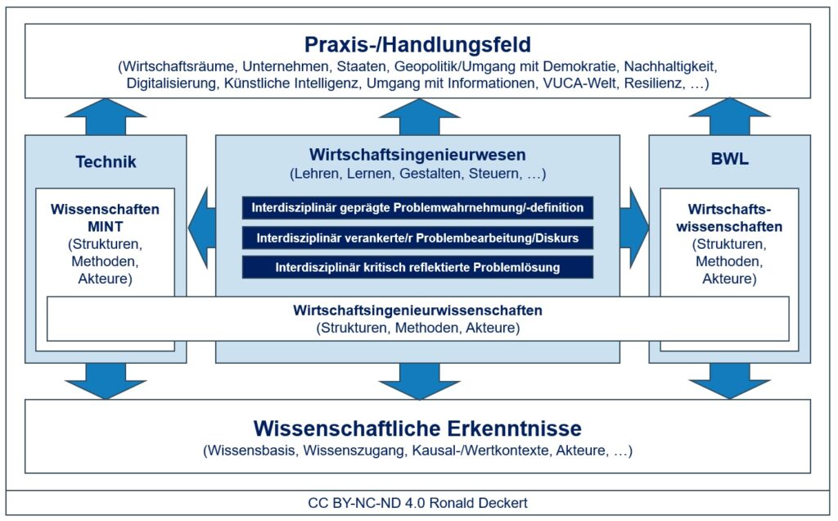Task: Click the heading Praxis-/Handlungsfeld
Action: click(x=417, y=44)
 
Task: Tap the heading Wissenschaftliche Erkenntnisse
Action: click(x=417, y=428)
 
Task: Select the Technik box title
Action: click(x=106, y=162)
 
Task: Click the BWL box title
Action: click(x=729, y=161)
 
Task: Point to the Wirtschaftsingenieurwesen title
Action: click(x=417, y=155)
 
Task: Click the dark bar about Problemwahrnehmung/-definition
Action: click(x=417, y=208)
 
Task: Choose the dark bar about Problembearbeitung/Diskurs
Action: click(x=417, y=238)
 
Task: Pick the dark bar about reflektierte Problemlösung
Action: click(x=417, y=268)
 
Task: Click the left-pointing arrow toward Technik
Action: click(x=201, y=227)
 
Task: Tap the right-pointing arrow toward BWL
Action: click(x=633, y=227)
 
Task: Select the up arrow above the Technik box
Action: click(x=106, y=116)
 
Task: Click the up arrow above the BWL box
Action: click(x=729, y=116)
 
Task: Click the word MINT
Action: click(x=105, y=225)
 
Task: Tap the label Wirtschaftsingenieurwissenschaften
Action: click(x=417, y=311)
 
